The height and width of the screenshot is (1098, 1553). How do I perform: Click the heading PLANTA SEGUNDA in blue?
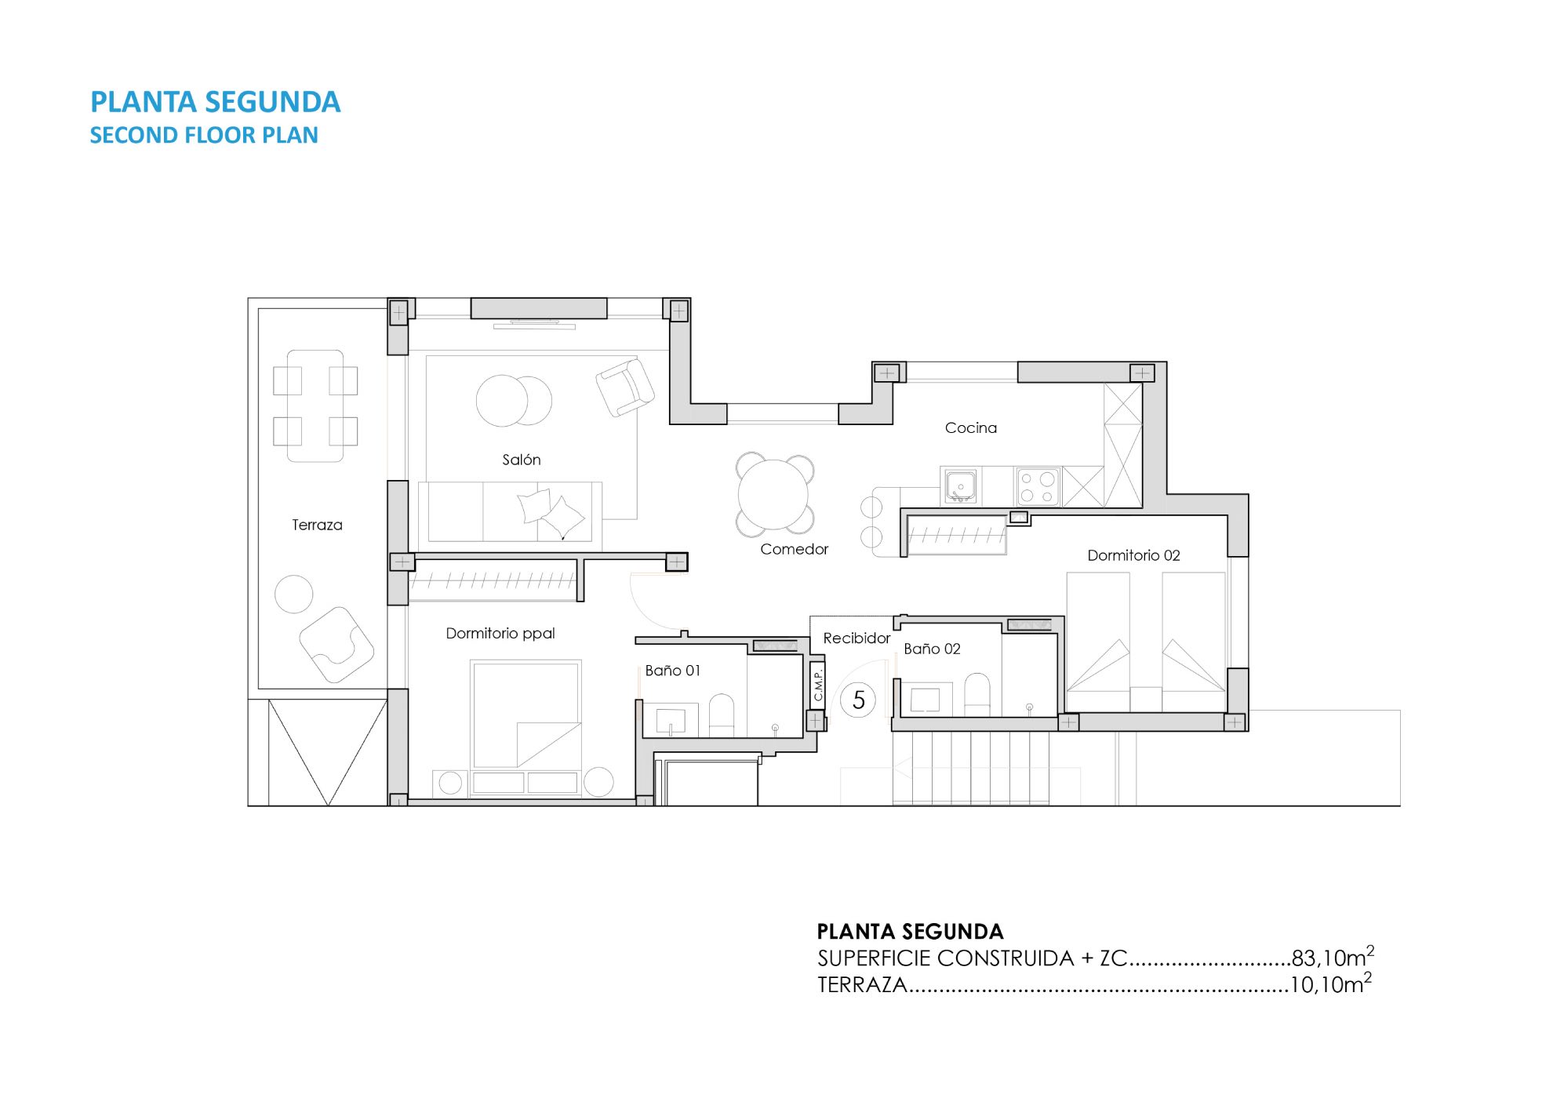216,102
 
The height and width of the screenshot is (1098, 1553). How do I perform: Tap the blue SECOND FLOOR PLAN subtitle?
204,135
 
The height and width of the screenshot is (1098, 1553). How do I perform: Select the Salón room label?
522,460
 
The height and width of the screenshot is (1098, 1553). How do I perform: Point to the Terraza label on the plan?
317,525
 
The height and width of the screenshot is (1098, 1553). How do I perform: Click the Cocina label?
971,427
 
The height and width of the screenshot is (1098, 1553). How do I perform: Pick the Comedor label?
794,549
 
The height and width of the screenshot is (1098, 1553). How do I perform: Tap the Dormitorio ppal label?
500,633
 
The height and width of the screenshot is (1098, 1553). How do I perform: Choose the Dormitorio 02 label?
1133,555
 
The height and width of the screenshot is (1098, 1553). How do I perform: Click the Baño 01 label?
672,671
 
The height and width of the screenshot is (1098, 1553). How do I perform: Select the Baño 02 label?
932,649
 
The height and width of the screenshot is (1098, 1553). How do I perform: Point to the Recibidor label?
857,638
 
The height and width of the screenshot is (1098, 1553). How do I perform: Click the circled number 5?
858,700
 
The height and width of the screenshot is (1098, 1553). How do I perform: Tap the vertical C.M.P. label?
818,685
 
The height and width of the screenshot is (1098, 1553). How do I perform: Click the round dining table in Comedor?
773,494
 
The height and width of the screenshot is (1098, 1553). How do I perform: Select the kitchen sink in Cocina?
960,486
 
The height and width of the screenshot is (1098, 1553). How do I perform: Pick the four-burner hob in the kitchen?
1038,486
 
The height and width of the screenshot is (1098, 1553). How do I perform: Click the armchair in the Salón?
625,387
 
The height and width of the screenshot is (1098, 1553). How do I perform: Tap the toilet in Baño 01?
722,715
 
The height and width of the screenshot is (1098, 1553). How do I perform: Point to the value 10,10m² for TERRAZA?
1331,983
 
